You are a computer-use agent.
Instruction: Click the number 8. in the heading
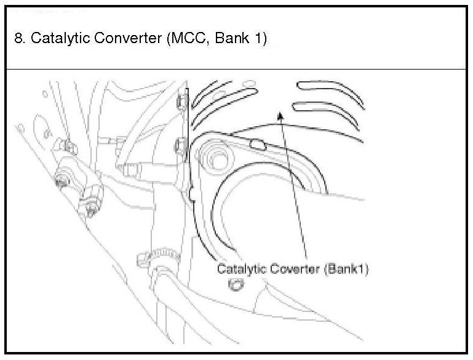20,38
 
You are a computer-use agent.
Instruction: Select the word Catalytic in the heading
54,38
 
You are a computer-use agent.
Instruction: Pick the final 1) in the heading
261,38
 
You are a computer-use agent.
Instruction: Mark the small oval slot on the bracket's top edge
258,145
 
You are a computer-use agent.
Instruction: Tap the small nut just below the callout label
236,285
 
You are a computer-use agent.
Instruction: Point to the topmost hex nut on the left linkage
68,146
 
